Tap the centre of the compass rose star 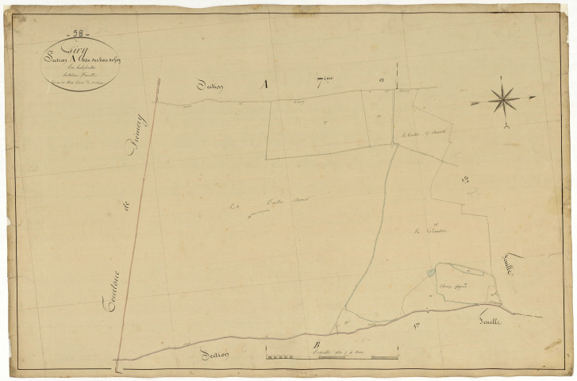[x=502, y=100]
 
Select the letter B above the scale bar [x=315, y=343]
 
